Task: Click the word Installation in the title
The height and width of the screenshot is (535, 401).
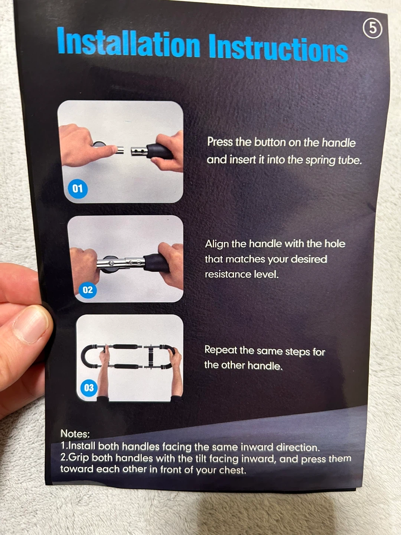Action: click(x=128, y=42)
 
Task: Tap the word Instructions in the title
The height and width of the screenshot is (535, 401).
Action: click(x=278, y=48)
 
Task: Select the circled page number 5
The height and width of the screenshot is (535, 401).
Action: click(x=372, y=29)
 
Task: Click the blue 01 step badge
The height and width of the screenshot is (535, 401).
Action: click(x=78, y=188)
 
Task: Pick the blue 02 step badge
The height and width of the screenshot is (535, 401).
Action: click(x=88, y=290)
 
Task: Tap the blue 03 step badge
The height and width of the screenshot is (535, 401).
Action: click(x=89, y=388)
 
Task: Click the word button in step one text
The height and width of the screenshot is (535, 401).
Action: click(x=270, y=142)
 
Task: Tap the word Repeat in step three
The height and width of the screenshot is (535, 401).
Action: click(x=221, y=350)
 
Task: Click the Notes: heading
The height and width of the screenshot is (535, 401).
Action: click(x=75, y=434)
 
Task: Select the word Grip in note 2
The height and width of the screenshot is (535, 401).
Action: click(x=79, y=458)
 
